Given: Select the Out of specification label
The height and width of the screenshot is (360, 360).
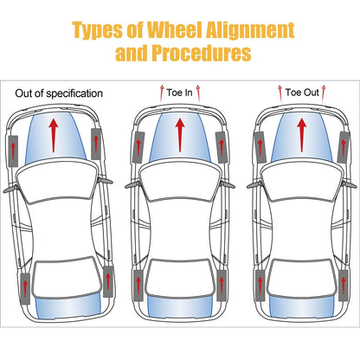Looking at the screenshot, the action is point(59,93).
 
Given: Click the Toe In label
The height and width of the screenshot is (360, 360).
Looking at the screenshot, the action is point(179,93).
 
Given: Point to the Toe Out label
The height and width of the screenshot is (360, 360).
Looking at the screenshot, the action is point(302,93).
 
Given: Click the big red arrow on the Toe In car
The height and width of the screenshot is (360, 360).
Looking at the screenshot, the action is point(180,135).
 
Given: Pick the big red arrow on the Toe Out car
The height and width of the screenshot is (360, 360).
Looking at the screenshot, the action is point(302,135).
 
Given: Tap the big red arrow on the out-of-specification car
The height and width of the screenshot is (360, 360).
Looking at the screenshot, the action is point(54,136).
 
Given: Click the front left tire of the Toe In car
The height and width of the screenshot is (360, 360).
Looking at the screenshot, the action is point(138,147).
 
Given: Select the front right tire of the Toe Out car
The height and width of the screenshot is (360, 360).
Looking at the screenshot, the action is point(344,147).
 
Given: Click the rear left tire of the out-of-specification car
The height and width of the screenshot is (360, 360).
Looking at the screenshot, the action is point(25,288).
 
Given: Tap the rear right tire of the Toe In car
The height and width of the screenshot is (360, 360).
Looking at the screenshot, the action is point(222,286).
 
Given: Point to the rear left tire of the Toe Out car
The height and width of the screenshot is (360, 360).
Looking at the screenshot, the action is point(260,286).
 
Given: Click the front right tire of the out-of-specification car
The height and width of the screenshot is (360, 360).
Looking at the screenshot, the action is point(96,144).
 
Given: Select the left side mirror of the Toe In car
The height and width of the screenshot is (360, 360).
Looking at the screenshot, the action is point(132,185).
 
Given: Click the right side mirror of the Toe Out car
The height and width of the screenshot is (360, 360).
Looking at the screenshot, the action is point(350,185).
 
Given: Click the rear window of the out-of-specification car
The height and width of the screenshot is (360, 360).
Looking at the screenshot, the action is point(68,307).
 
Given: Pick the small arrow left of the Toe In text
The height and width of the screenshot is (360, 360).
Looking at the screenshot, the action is point(162,93).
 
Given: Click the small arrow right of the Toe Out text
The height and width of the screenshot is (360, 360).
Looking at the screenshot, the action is point(324,93).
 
